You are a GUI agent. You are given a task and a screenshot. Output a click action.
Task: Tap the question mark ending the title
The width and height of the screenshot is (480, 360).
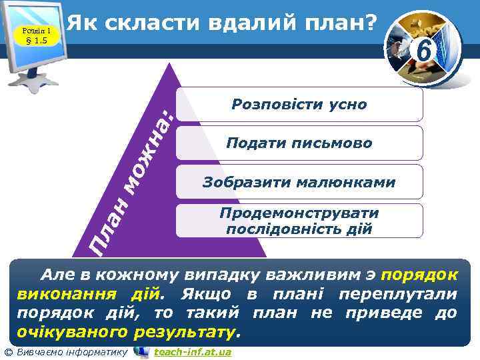click(368, 23)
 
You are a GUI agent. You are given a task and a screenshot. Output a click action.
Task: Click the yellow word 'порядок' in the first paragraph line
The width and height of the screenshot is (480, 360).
click(421, 274)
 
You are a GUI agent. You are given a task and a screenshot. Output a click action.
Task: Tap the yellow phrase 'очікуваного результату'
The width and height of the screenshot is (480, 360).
click(127, 331)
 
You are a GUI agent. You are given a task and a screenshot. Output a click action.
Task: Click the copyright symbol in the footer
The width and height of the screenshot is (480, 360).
click(8, 352)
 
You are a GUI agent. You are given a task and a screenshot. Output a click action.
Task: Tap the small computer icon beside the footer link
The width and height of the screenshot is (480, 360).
click(141, 352)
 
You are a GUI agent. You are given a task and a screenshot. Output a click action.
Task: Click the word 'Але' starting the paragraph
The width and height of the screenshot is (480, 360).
click(57, 274)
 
